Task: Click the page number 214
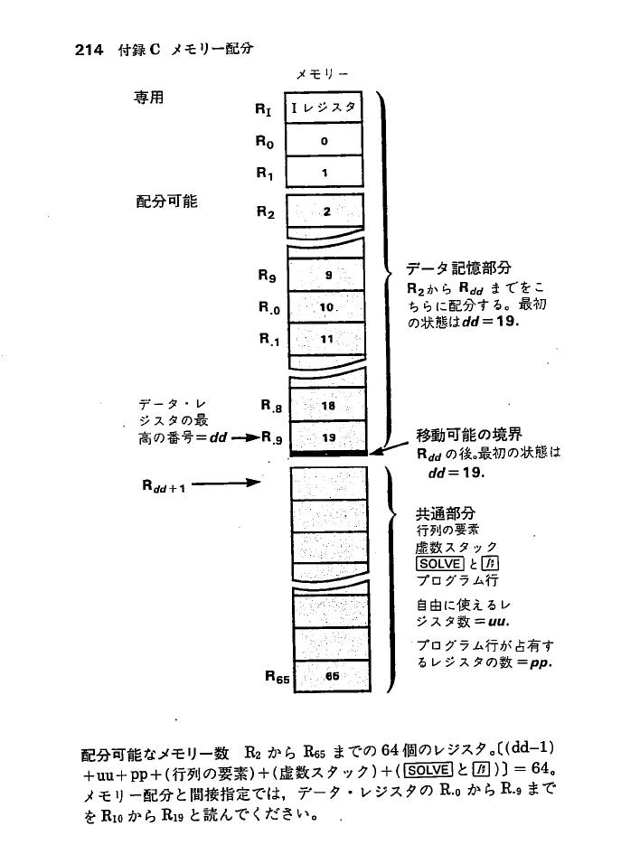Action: pyautogui.click(x=89, y=50)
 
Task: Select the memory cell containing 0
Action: pyautogui.click(x=325, y=141)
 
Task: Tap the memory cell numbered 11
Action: pyautogui.click(x=326, y=339)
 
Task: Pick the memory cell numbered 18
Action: pyautogui.click(x=327, y=407)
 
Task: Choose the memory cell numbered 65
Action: pyautogui.click(x=332, y=675)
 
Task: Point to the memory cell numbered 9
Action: pyautogui.click(x=326, y=274)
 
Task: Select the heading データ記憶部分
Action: pyautogui.click(x=458, y=268)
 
